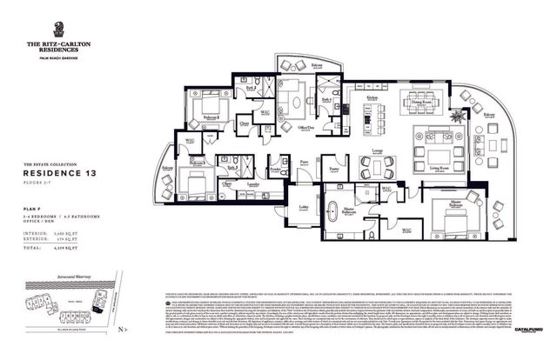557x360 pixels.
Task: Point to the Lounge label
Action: pos(379,150)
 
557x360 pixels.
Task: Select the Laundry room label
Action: pos(252,184)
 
